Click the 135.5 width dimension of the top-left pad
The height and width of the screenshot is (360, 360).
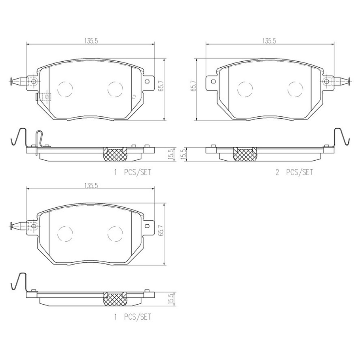click(91, 41)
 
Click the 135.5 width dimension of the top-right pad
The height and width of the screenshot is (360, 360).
click(269, 41)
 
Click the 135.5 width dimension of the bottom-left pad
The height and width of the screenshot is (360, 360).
click(91, 186)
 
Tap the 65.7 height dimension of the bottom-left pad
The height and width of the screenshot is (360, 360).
click(161, 230)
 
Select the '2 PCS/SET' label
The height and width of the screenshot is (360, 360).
click(294, 172)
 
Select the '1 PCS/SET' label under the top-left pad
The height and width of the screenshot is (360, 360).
click(133, 172)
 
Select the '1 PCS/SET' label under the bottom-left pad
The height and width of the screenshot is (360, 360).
click(133, 317)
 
